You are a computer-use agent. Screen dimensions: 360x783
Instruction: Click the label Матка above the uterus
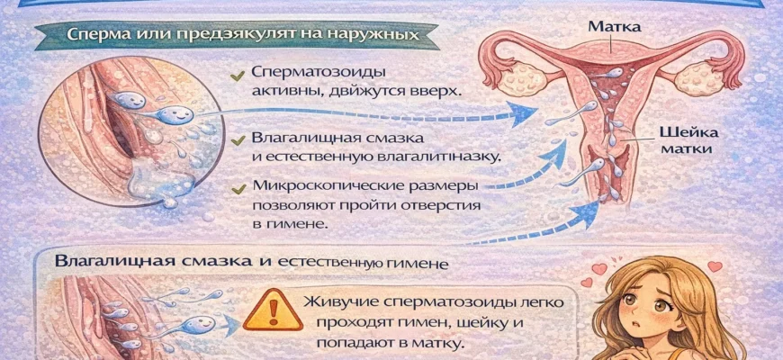[614, 27]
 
